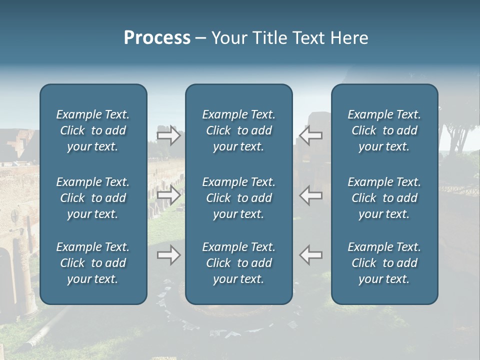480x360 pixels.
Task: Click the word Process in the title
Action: tap(157, 38)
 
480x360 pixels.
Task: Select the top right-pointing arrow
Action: tap(168, 135)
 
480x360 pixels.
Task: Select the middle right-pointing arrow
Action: tap(168, 195)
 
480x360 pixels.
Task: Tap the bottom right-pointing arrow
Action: tap(168, 255)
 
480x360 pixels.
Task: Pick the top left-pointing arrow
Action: tap(310, 135)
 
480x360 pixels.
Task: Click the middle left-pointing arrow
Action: tap(310, 195)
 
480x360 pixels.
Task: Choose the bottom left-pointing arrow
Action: tap(310, 255)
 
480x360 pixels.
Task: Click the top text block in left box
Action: tap(93, 130)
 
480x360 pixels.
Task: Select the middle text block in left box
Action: tap(93, 198)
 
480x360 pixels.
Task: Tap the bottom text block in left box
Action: tap(93, 263)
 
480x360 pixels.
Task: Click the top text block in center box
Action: tap(239, 130)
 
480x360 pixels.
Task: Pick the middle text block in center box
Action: tap(239, 198)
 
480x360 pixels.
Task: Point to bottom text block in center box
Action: tap(239, 263)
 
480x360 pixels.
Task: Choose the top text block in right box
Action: tap(384, 130)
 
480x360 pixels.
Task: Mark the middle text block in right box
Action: tap(384, 198)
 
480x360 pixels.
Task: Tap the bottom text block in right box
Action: tap(384, 263)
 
